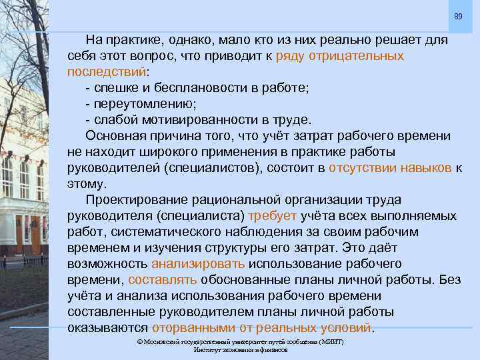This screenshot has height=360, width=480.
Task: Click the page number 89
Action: point(458,15)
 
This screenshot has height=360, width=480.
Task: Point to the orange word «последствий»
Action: point(106,71)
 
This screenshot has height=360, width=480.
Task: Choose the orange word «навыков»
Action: point(427,167)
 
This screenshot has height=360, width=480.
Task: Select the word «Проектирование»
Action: point(137,199)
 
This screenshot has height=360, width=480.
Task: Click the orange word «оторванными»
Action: point(194,327)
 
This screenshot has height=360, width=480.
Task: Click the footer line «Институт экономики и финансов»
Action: point(240,349)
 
